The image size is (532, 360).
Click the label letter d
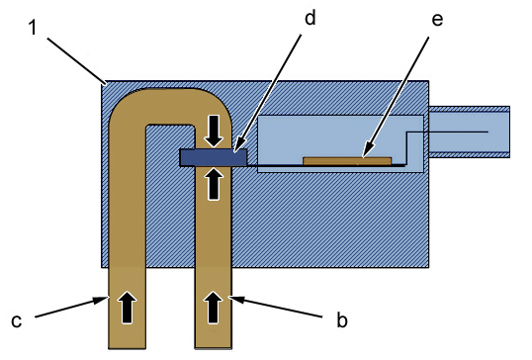[x=310, y=18]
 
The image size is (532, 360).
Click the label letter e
[x=437, y=20]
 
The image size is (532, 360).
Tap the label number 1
[x=33, y=27]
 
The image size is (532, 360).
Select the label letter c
[x=16, y=321]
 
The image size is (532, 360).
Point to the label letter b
[x=342, y=319]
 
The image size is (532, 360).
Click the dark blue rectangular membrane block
[x=214, y=157]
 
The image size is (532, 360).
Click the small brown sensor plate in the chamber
[x=347, y=161]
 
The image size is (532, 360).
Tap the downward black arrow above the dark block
[x=214, y=131]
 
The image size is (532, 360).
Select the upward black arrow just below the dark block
[x=214, y=184]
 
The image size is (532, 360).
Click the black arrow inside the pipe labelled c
[x=127, y=307]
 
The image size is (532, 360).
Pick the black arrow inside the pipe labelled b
[x=214, y=307]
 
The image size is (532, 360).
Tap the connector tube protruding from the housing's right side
[x=470, y=132]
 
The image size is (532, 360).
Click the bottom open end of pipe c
[x=127, y=347]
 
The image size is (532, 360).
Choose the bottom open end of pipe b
[x=214, y=347]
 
